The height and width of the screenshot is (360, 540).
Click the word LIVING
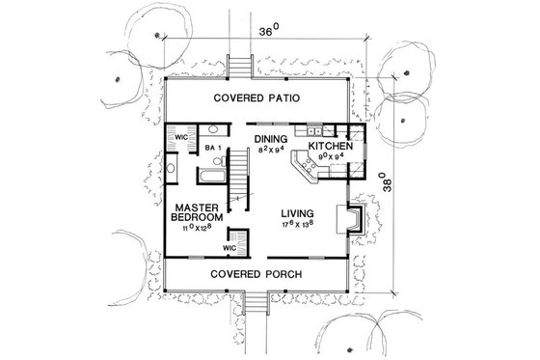[x=299, y=214]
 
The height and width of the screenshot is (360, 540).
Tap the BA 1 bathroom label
[x=214, y=148]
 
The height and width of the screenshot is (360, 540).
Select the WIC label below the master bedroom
[x=229, y=248]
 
